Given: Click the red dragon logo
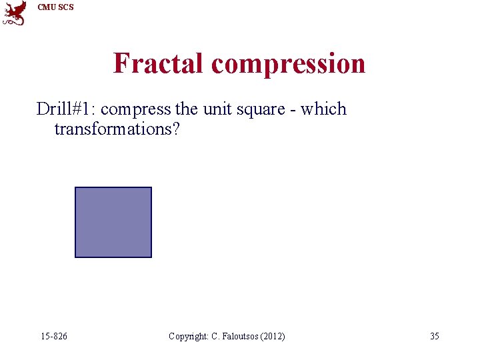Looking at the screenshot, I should tap(14, 13).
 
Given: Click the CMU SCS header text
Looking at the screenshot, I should tap(55, 7).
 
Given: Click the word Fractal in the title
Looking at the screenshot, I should tap(159, 63).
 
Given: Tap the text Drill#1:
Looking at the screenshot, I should tap(65, 109).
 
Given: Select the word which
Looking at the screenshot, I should tap(323, 109).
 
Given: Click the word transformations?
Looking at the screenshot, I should tap(117, 129).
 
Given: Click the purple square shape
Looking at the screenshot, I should tap(113, 222).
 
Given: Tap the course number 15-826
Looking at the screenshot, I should tap(53, 336).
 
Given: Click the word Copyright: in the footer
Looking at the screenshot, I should tap(189, 336).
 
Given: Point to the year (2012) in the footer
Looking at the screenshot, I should tap(273, 336).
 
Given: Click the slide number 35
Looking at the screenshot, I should tap(434, 336).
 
